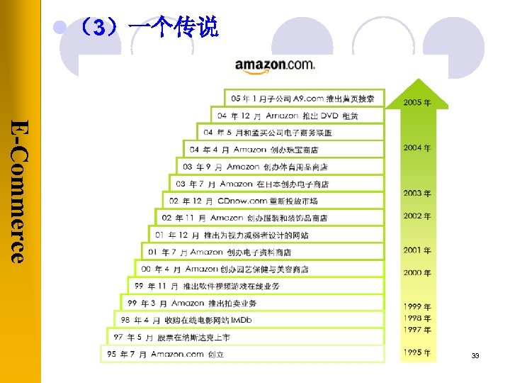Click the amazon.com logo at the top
[x=274, y=65]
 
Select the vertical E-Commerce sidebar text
[x=21, y=191]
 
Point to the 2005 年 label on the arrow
[x=417, y=102]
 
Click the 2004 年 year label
[x=417, y=148]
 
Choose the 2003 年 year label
[x=417, y=193]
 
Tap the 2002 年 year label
[x=417, y=216]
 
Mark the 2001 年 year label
[x=417, y=250]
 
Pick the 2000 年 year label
[x=417, y=272]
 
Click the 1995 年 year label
[x=417, y=353]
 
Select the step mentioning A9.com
[x=305, y=99]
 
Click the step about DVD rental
[x=297, y=116]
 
